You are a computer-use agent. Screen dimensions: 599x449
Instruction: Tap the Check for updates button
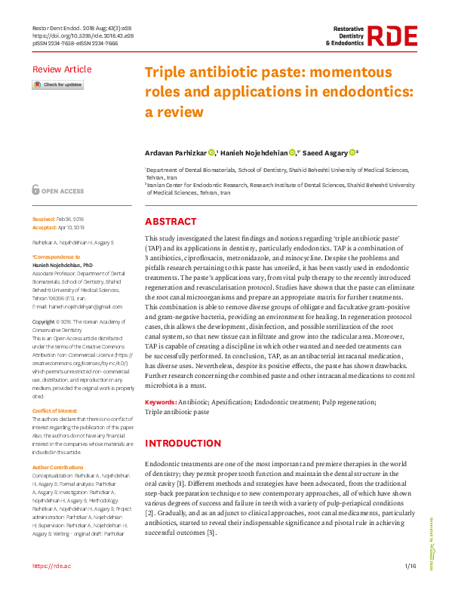click(x=57, y=85)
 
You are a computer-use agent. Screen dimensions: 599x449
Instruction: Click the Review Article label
click(x=62, y=69)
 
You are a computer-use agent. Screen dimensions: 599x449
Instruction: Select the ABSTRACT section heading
click(x=171, y=223)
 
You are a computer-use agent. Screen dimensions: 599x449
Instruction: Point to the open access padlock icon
click(x=36, y=191)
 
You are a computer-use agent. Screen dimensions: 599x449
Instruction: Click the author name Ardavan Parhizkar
click(x=176, y=152)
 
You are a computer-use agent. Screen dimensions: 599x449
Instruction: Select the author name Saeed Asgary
click(x=326, y=152)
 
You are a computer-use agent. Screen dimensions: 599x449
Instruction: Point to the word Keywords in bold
click(x=161, y=404)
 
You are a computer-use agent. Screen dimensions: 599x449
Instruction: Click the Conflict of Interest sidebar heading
click(x=55, y=410)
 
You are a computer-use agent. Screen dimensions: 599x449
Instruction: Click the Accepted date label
click(x=45, y=226)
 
